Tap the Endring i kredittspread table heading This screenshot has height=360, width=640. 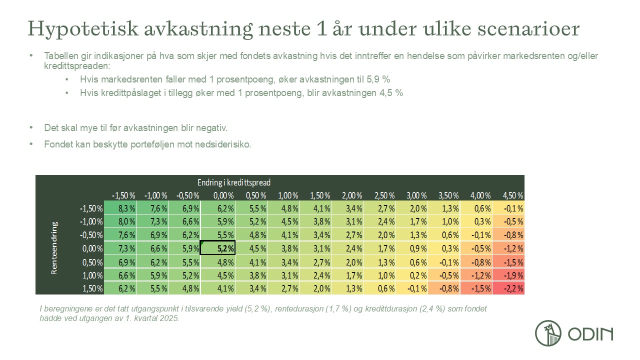pos(234,182)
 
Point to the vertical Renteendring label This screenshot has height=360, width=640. pos(54,247)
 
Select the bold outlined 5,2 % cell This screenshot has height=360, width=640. pos(217,248)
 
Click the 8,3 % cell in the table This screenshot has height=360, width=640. pos(121,208)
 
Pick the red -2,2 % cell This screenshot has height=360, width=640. pos(508,288)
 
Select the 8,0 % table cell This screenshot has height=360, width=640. pos(121,221)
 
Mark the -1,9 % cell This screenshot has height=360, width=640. pos(508,275)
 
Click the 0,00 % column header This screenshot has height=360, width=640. pos(218,195)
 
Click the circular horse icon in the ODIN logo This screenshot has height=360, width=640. pos(548,333)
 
